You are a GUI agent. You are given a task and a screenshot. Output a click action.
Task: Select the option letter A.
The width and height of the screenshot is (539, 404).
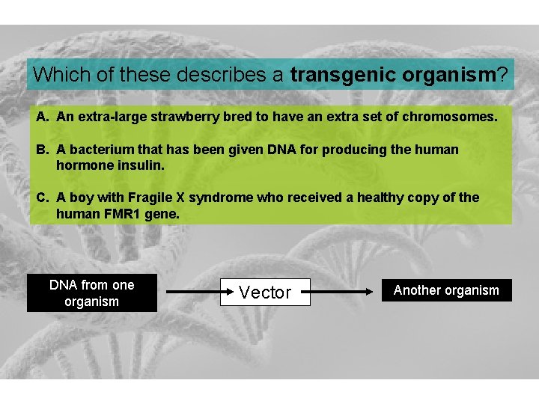click(x=41, y=117)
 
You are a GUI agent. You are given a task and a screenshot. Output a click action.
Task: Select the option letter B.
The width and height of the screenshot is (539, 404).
click(x=41, y=150)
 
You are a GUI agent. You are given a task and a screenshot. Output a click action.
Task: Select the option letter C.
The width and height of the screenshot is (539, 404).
click(x=41, y=198)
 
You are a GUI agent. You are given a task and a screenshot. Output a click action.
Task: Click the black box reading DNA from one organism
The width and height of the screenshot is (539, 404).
click(x=91, y=293)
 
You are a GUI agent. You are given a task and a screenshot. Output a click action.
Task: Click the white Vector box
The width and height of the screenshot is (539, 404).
click(x=265, y=293)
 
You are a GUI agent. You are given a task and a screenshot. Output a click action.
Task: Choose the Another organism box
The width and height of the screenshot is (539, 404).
click(x=446, y=290)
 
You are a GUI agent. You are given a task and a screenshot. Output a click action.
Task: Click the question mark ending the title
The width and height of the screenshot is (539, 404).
click(x=502, y=75)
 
